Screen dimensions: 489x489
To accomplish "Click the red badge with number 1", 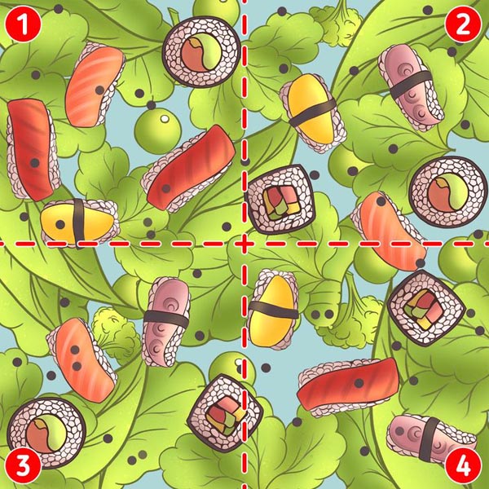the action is tap(23, 24).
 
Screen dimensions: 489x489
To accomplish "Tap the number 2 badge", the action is tap(463, 24).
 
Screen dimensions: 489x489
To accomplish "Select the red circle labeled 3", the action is tap(23, 466).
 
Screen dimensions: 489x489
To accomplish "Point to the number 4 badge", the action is tap(463, 466).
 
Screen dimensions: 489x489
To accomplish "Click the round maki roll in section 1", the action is tap(202, 52).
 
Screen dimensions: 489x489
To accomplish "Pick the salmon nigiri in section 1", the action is tap(95, 85).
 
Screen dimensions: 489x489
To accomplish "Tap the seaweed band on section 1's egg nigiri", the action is tap(78, 223).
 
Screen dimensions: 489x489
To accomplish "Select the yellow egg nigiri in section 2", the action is tap(313, 113).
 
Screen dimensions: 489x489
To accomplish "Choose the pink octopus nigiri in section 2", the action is tap(411, 86).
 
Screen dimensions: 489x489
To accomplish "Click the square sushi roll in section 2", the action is tap(280, 200).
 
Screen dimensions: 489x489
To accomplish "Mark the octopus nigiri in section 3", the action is tap(166, 322).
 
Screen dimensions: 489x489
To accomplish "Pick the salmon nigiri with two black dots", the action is tap(82, 360).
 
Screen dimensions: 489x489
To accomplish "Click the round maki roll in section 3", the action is tap(46, 433).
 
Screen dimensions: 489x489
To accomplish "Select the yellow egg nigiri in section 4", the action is tap(273, 310).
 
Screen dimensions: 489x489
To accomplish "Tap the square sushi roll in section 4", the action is tap(426, 308).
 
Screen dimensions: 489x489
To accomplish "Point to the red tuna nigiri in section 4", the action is tap(348, 385).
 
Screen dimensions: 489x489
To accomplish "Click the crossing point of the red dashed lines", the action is tap(244, 244).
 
